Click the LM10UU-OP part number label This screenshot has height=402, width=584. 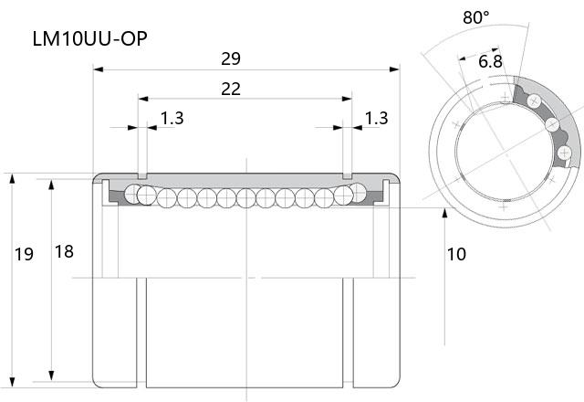tap(89, 38)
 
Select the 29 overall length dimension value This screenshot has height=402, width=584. tap(231, 58)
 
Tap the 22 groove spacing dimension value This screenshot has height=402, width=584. tap(231, 90)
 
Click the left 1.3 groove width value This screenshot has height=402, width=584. tap(172, 118)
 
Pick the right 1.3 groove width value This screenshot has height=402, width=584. tap(376, 118)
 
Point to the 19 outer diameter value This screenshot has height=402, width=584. tap(24, 254)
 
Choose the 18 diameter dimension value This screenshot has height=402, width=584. tap(64, 252)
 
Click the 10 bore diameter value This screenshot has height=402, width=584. tap(456, 254)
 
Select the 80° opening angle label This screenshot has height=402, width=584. tap(476, 17)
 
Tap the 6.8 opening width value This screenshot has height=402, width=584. tap(490, 61)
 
